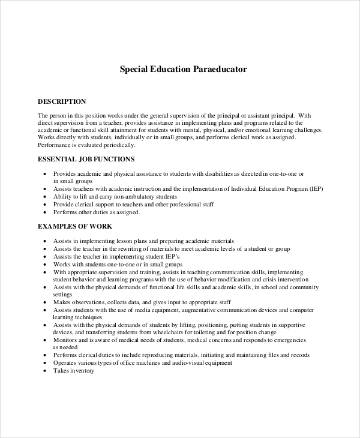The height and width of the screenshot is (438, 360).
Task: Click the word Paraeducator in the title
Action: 220,69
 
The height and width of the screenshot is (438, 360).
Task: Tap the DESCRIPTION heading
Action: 62,101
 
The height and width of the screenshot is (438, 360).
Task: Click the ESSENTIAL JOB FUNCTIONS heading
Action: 86,160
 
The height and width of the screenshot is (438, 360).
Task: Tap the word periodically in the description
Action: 120,145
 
